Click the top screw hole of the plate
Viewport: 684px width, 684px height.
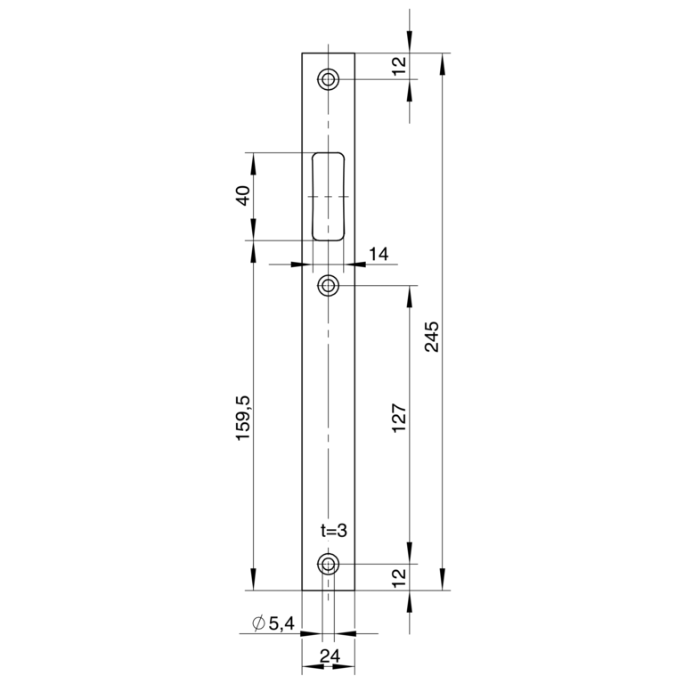328,79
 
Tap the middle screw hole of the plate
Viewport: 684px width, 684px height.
328,286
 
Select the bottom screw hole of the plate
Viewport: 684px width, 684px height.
328,565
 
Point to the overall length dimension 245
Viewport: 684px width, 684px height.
432,337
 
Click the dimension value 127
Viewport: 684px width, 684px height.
399,418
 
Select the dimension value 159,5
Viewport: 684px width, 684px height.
243,418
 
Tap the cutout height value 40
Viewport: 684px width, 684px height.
243,195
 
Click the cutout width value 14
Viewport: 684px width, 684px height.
379,254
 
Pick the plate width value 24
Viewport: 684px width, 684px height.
330,655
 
